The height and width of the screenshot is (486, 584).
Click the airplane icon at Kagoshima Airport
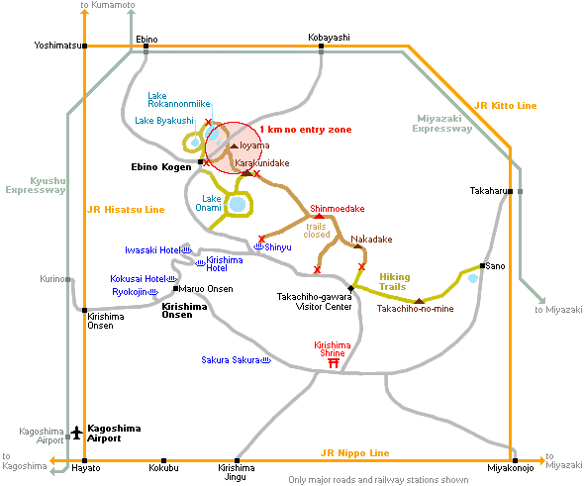77,433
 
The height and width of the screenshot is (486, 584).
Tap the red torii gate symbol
334,363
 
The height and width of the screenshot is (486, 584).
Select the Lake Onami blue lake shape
238,204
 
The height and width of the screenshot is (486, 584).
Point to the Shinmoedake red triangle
319,216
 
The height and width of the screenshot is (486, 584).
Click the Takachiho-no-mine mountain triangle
420,301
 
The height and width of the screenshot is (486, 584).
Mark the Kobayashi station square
321,47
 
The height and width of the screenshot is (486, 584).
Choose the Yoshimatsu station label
57,46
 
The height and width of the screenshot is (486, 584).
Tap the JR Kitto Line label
506,106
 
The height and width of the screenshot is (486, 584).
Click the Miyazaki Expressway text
442,124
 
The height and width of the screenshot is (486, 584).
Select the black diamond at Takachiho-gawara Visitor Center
350,288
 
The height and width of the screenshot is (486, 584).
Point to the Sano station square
482,266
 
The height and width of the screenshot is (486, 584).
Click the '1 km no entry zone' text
306,130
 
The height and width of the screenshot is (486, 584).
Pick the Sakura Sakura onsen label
231,360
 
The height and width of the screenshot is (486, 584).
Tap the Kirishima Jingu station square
237,460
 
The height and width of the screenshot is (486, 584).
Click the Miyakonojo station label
510,468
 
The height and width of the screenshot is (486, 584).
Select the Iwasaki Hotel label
152,250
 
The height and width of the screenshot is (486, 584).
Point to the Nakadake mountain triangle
357,246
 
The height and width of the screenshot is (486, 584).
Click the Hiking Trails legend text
395,282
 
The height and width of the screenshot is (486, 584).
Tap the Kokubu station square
163,460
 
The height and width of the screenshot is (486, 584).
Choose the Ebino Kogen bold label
161,167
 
